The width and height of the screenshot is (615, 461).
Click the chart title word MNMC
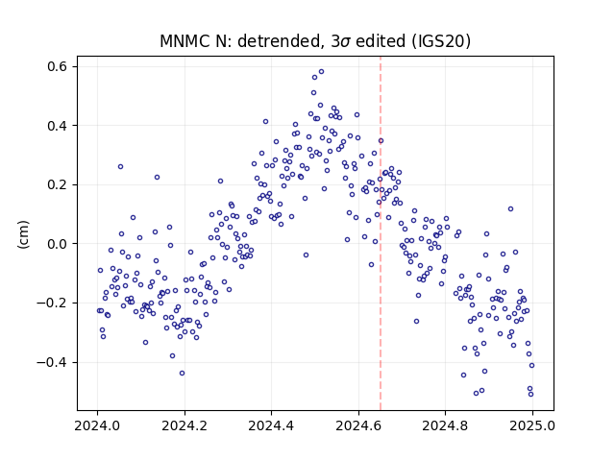(x=185, y=41)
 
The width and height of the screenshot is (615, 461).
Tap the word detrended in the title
(x=281, y=41)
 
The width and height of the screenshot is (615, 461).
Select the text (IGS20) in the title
(x=441, y=41)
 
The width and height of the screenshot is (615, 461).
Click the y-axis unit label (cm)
(x=23, y=234)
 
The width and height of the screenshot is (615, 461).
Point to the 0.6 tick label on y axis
(x=58, y=66)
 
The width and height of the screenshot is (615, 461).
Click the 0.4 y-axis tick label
(x=58, y=126)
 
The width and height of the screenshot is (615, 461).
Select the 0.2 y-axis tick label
(x=58, y=184)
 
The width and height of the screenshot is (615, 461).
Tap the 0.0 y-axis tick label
(x=58, y=244)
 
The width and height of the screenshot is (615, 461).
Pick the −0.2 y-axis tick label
(x=52, y=303)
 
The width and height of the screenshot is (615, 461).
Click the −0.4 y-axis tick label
(x=52, y=362)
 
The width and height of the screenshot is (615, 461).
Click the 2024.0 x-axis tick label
(x=97, y=425)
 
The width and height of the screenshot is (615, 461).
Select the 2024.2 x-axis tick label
(x=184, y=425)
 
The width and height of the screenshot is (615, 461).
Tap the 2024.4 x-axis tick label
(x=271, y=425)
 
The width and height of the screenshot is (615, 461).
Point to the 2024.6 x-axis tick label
(x=358, y=425)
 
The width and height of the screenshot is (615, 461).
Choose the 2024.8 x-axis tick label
(x=445, y=425)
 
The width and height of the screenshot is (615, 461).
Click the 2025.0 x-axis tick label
(x=532, y=425)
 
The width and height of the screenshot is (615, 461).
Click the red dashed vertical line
(x=381, y=233)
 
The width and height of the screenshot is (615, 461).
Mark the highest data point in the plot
(x=321, y=72)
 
